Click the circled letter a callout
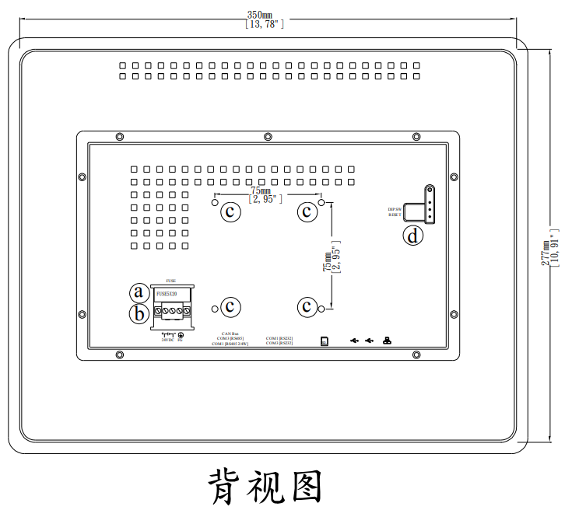pyautogui.click(x=139, y=292)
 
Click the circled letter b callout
pyautogui.click(x=139, y=314)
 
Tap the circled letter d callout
pyautogui.click(x=413, y=235)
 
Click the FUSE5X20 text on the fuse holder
pyautogui.click(x=167, y=295)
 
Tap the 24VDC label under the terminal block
pyautogui.click(x=167, y=340)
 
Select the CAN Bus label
pyautogui.click(x=229, y=334)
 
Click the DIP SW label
pyautogui.click(x=395, y=209)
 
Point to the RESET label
pyautogui.click(x=395, y=215)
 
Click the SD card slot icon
pyautogui.click(x=325, y=341)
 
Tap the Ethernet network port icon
pyautogui.click(x=387, y=341)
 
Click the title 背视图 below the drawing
pyautogui.click(x=265, y=487)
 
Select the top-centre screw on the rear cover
pyautogui.click(x=268, y=138)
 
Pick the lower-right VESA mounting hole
pyautogui.click(x=321, y=310)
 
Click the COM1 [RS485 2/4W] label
pyautogui.click(x=229, y=344)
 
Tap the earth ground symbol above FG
pyautogui.click(x=180, y=334)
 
